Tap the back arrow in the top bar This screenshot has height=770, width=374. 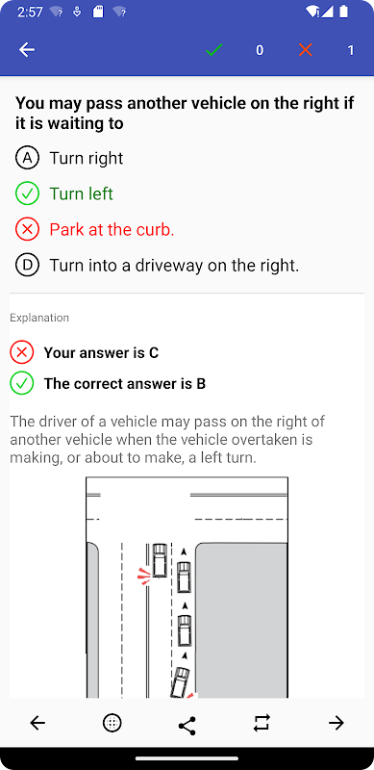click(27, 50)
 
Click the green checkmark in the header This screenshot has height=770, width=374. click(214, 50)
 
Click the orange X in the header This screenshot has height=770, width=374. click(306, 50)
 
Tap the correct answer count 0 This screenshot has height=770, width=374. click(260, 50)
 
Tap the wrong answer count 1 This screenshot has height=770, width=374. click(350, 50)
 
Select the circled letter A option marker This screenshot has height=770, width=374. click(27, 158)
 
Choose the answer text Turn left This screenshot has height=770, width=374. click(82, 194)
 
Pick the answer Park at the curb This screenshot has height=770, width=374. click(112, 230)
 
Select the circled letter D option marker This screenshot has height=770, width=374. click(27, 266)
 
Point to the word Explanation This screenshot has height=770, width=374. click(39, 318)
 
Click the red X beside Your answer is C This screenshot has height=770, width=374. click(21, 352)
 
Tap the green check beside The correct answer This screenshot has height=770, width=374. click(21, 383)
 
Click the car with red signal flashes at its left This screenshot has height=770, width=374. click(160, 560)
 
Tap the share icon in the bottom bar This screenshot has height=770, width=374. click(187, 723)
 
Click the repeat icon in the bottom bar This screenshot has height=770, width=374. click(262, 723)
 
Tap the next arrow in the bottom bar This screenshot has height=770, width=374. click(337, 723)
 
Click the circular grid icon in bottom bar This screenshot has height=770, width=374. click(112, 723)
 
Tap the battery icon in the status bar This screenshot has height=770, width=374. click(344, 12)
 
